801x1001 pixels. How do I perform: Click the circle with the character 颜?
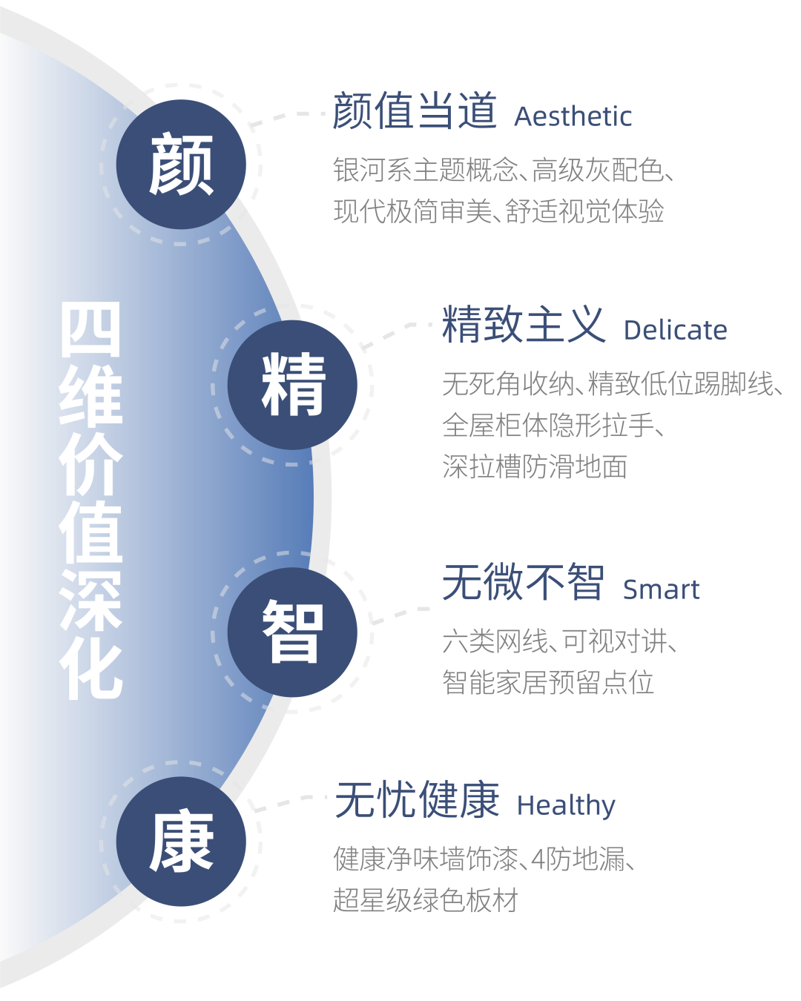pos(181,165)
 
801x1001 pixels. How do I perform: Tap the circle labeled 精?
pos(293,385)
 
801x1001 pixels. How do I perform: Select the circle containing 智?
pos(293,632)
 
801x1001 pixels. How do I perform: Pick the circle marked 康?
pos(181,842)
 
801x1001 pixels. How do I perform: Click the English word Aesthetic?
pos(573,116)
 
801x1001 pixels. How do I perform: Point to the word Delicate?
pos(675,331)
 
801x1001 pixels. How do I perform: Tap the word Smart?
pos(661,589)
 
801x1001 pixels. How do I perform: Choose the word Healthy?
pos(566,805)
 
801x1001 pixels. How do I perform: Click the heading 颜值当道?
pos(415,111)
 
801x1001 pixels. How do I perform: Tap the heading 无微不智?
pos(524,583)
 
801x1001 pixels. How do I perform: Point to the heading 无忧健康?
pos(418,800)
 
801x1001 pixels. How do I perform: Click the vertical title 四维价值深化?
pos(90,500)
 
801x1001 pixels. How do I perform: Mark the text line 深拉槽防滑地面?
pos(535,467)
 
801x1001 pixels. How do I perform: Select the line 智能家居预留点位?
pos(548,682)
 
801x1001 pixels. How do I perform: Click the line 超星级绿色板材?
pos(425,900)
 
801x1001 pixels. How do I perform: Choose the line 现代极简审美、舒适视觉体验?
pos(498,212)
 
